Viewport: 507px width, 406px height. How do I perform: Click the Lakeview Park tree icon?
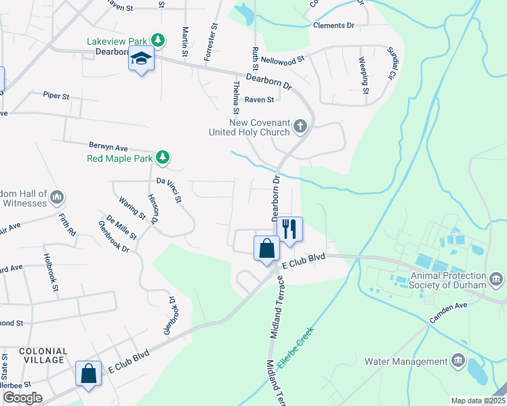click(157, 41)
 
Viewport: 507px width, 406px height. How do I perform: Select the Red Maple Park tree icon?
click(162, 158)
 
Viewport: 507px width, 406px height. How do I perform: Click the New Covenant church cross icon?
click(300, 125)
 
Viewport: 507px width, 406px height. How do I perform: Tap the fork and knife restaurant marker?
click(290, 228)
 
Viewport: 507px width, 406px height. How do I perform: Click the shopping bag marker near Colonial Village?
click(89, 374)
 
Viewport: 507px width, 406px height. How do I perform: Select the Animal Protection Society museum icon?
click(496, 279)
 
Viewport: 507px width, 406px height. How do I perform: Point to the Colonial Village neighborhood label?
click(43, 356)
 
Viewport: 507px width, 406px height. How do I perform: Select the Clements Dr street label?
click(333, 25)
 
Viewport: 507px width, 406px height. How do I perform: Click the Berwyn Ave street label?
click(108, 146)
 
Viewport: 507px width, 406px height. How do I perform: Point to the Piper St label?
click(56, 96)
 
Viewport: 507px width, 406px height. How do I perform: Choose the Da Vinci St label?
click(169, 190)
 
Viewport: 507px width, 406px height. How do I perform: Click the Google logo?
click(23, 397)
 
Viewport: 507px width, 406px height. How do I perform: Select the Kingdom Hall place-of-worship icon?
click(57, 198)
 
